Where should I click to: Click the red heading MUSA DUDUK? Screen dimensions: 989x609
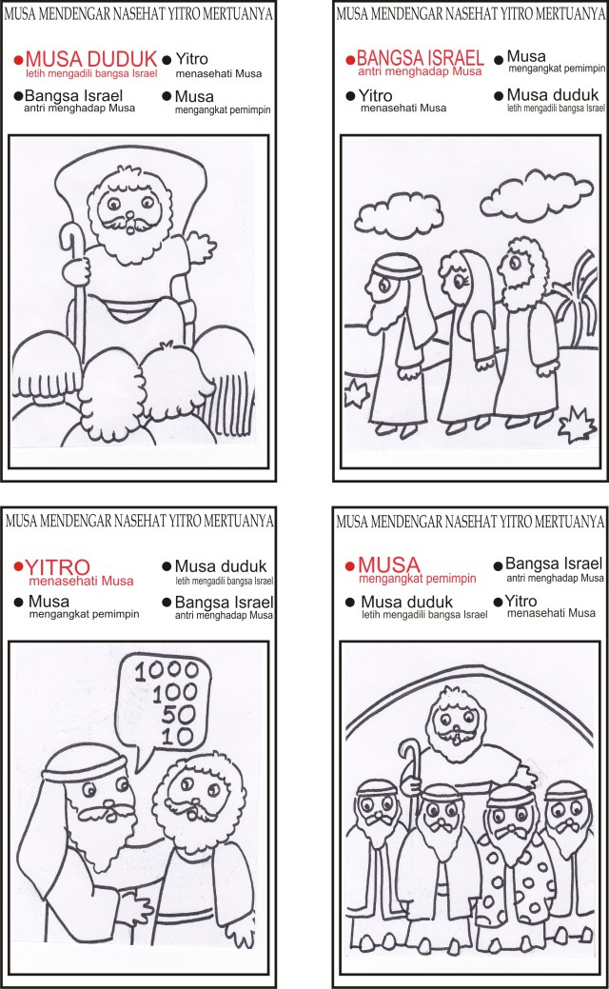pyautogui.click(x=91, y=59)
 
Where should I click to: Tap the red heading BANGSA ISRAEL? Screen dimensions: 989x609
pyautogui.click(x=420, y=59)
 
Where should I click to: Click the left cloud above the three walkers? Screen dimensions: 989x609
pyautogui.click(x=396, y=213)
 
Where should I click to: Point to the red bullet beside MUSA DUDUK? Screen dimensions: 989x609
pyautogui.click(x=18, y=60)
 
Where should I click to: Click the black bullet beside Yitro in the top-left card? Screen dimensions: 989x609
pyautogui.click(x=167, y=60)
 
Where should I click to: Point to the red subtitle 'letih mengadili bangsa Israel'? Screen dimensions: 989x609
pyautogui.click(x=91, y=73)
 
